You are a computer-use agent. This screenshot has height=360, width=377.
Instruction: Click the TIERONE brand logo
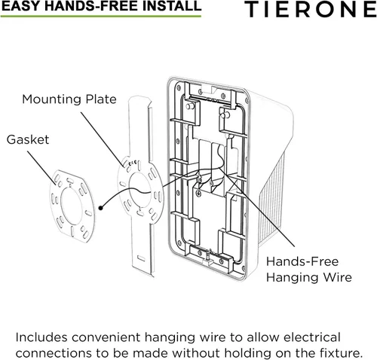[x=311, y=9]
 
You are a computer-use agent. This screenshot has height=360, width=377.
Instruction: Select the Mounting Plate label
[x=69, y=99]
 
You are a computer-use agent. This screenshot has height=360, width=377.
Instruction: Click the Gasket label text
[x=28, y=139]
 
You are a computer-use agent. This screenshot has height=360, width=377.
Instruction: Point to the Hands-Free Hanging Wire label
[x=309, y=270]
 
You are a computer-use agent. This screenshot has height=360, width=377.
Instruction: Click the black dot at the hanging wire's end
[x=101, y=208]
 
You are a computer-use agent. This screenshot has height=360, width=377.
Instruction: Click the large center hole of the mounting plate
[x=139, y=190]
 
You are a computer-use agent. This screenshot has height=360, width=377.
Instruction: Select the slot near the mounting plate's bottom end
[x=141, y=258]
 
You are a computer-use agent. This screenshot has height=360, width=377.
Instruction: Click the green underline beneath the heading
[x=101, y=17]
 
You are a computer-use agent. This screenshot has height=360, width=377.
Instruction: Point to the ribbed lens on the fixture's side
[x=272, y=198]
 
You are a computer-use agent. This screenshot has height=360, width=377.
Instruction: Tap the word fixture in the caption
[x=339, y=353]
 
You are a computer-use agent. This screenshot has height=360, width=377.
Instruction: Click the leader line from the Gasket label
[x=41, y=166]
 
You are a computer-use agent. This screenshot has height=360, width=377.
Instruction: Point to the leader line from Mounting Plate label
[x=103, y=139]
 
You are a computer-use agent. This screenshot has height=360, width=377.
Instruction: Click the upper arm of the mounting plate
[x=140, y=127]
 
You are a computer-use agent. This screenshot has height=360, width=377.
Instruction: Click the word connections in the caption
[x=54, y=353]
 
